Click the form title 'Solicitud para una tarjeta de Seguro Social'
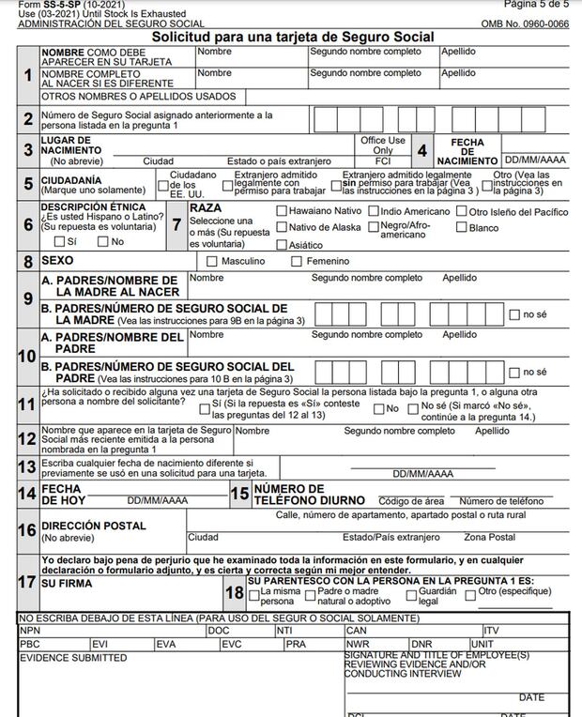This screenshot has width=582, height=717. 293,37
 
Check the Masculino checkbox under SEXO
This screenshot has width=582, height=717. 212,261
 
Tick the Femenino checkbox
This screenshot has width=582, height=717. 297,261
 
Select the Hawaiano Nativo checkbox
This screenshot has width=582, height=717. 282,211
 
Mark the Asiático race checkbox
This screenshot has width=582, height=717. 282,244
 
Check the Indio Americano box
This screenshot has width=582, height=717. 374,211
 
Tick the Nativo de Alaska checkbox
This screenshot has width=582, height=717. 282,227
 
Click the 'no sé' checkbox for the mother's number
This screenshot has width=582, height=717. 513,314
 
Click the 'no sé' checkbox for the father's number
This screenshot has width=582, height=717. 513,372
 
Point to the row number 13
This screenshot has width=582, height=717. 28,466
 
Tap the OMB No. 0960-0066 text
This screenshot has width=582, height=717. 524,23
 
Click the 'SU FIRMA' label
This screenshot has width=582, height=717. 67,583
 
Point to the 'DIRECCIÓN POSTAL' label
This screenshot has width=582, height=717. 94,526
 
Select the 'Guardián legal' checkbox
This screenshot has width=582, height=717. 411,594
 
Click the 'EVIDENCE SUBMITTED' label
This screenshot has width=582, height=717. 72,658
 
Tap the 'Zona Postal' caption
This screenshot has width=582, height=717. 489,538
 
